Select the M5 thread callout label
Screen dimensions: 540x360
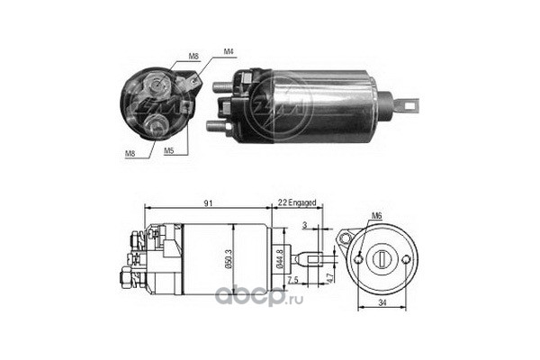168,153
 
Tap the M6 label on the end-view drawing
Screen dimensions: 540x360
377,216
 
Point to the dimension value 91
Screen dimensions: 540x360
209,204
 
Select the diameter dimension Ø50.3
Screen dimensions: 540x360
230,259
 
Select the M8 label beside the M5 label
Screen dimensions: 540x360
130,153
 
